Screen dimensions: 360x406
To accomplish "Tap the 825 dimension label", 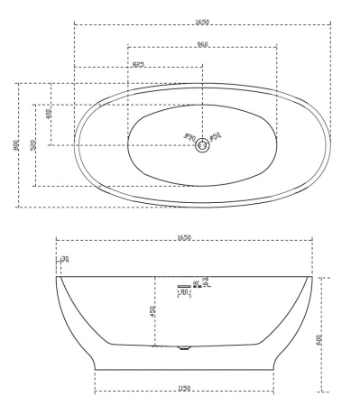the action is (x=137, y=64).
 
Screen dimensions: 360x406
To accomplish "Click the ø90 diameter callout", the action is (x=189, y=138).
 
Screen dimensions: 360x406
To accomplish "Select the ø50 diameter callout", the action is (x=216, y=138).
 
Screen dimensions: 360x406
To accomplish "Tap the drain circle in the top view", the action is (x=202, y=143).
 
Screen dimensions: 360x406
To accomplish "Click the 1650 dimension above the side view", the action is (x=184, y=238).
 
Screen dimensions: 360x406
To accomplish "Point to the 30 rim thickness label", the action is (x=64, y=260).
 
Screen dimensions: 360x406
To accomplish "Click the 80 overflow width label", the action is (x=184, y=291).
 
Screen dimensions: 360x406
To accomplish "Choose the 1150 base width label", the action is (x=184, y=389).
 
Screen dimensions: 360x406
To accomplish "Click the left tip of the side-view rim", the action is (x=57, y=276).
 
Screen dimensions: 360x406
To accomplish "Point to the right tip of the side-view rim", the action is (x=312, y=276).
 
